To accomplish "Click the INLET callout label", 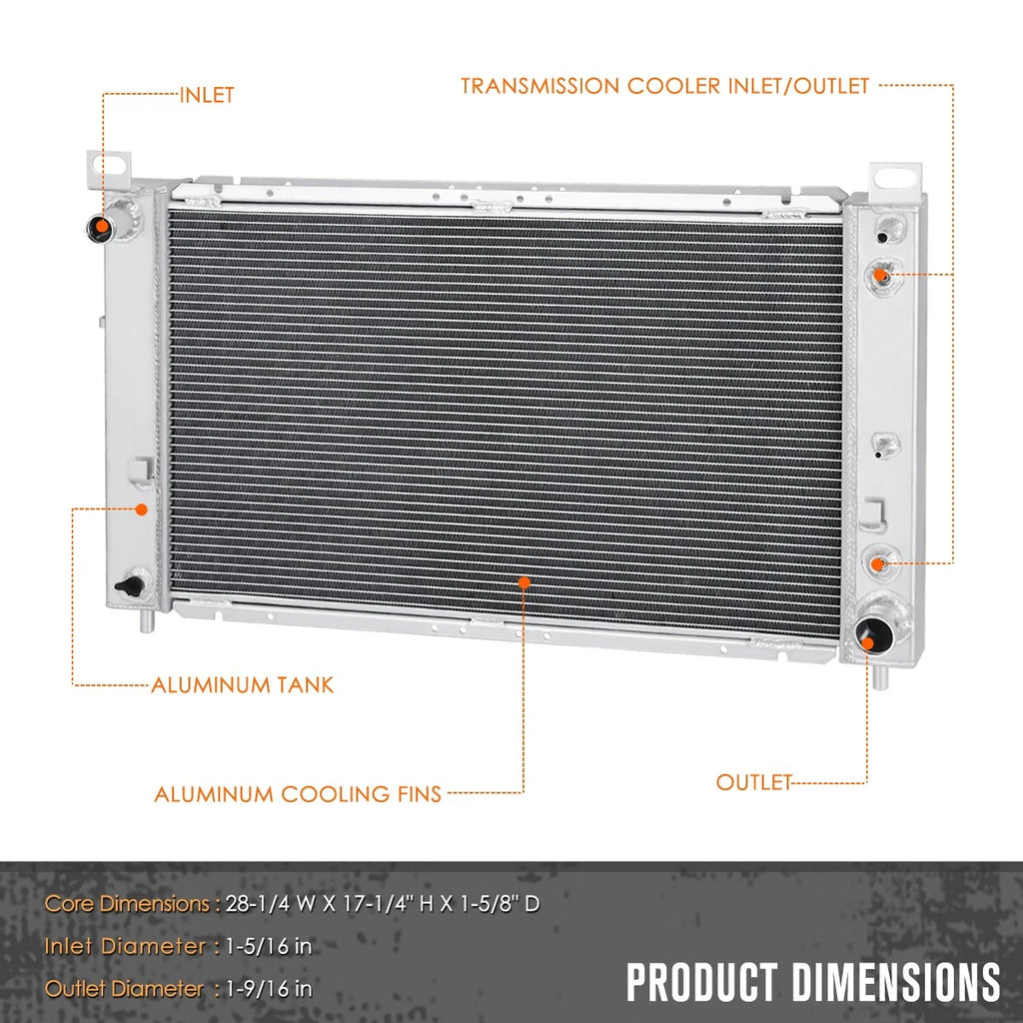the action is point(206,95).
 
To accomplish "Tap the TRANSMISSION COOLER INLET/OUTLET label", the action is point(664,86).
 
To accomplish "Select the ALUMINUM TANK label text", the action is point(242,685).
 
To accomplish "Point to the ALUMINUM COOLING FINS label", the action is point(298,794).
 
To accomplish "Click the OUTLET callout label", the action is point(753,782).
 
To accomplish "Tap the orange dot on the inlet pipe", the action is point(103,227).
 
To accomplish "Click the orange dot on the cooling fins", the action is point(523,582).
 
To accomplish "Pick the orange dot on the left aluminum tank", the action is point(141,510).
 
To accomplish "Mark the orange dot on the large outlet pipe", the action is point(868,643).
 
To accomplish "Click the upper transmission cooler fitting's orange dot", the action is point(880,275).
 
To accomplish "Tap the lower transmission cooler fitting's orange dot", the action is point(878,563).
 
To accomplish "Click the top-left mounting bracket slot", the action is point(108,163).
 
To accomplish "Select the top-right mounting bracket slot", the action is point(894,177).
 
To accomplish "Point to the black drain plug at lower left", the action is point(131,585).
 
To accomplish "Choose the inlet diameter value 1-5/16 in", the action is point(269,946).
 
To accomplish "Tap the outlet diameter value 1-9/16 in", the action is point(269,989).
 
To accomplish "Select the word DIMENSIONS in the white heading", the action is point(896,982).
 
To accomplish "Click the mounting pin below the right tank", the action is point(880,676).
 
